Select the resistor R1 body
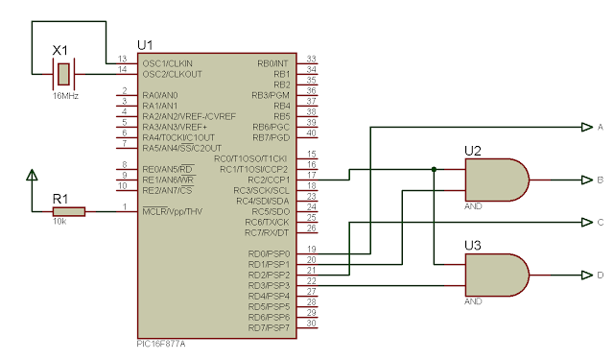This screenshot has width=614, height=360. (x=69, y=211)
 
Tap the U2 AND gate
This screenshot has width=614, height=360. (x=495, y=180)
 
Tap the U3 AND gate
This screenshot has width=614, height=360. (x=495, y=275)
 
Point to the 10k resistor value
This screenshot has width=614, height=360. (x=59, y=223)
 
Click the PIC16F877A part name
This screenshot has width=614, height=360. (x=163, y=342)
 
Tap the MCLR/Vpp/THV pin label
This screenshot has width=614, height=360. (x=174, y=211)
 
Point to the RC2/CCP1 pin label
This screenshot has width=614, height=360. (x=269, y=180)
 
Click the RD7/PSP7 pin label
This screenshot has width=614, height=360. (x=270, y=328)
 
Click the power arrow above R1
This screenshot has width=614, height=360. (x=33, y=177)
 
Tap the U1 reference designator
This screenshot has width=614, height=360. (x=146, y=45)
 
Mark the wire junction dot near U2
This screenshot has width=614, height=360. (x=435, y=169)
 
